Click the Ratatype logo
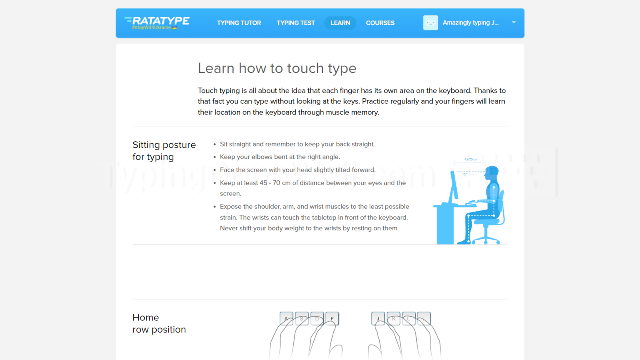157,21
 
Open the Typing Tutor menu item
239,23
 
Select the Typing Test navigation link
295,23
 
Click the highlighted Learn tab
340,23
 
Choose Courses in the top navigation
380,23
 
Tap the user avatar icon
430,23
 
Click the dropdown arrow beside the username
514,22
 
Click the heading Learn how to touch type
277,68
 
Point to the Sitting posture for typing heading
164,151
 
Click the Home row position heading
159,323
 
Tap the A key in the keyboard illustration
286,318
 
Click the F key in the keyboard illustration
332,318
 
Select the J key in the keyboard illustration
378,318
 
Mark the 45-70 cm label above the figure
470,160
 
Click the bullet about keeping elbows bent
280,157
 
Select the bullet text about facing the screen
297,170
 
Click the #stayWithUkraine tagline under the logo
152,28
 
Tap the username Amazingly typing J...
470,23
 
